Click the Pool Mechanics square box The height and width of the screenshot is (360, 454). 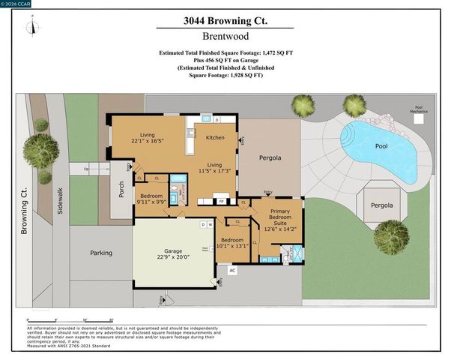pyautogui.click(x=420, y=117)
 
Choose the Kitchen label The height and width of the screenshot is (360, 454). pyautogui.click(x=215, y=137)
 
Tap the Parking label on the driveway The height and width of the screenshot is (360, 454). pyautogui.click(x=101, y=253)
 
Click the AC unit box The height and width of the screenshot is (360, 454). pyautogui.click(x=232, y=270)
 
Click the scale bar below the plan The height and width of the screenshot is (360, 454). pyautogui.click(x=71, y=320)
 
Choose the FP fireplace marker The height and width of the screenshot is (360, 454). pyautogui.click(x=222, y=201)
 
